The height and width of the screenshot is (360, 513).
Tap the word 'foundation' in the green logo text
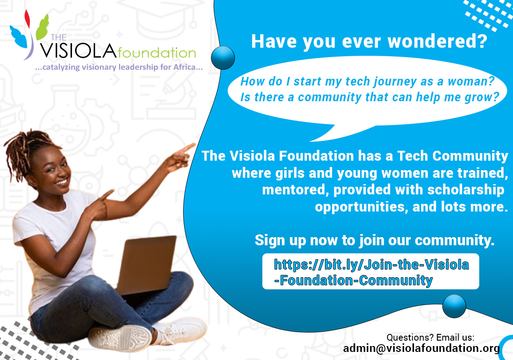tap(157, 53)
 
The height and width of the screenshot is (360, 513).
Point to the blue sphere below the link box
tap(454, 306)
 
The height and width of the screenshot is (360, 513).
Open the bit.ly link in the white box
tap(371, 272)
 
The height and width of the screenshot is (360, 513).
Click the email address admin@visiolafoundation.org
tap(421, 348)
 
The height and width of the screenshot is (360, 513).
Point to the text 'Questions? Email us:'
tap(431, 337)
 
